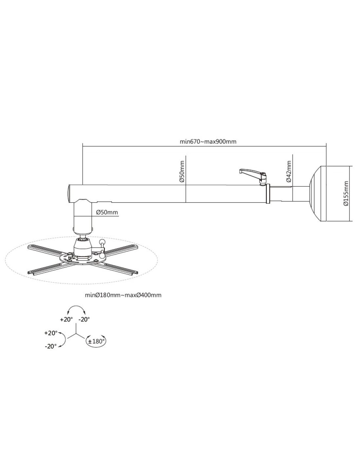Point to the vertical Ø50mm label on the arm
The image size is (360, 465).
pyautogui.click(x=182, y=171)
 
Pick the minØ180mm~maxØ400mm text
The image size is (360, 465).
pyautogui.click(x=123, y=295)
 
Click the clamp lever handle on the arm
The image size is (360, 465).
pyautogui.click(x=252, y=173)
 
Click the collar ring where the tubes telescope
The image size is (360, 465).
pyautogui.click(x=268, y=194)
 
